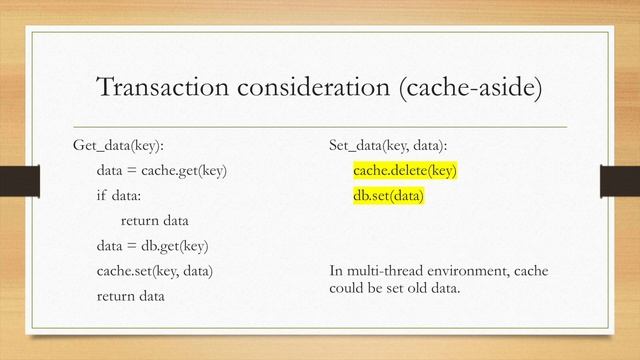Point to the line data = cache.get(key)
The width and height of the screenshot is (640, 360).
click(162, 171)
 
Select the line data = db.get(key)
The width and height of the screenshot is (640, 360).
click(152, 246)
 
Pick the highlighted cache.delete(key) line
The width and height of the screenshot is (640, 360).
click(405, 171)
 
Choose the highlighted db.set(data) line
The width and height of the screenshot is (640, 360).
click(389, 196)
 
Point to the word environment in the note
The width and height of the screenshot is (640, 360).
click(460, 272)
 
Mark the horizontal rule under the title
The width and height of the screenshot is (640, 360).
click(320, 127)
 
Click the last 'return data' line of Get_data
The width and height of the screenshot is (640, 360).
click(131, 296)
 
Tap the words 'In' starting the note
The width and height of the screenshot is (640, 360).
click(335, 272)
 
